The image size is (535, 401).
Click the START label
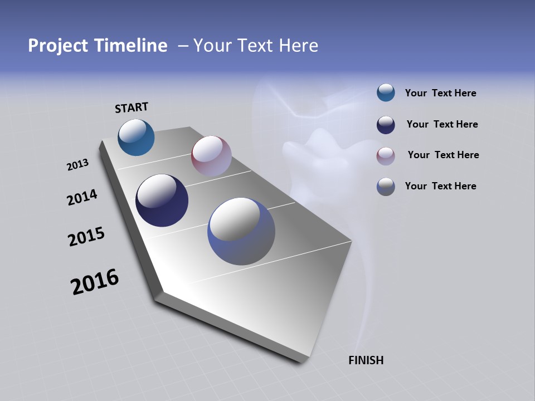pyautogui.click(x=132, y=107)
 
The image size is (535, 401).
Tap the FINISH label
pyautogui.click(x=366, y=360)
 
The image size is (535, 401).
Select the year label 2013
pyautogui.click(x=77, y=165)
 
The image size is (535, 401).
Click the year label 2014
pyautogui.click(x=82, y=197)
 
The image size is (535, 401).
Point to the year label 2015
pyautogui.click(x=86, y=237)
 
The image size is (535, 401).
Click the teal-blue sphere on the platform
pyautogui.click(x=136, y=137)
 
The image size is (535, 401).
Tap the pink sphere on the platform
pyautogui.click(x=211, y=156)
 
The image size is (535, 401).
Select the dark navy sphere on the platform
pyautogui.click(x=162, y=200)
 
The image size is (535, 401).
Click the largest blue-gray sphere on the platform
pyautogui.click(x=241, y=231)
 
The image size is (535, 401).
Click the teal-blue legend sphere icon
pyautogui.click(x=386, y=93)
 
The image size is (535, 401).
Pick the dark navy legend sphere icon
pyautogui.click(x=386, y=125)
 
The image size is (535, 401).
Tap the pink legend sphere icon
pyautogui.click(x=386, y=155)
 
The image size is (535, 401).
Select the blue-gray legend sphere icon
pyautogui.click(x=386, y=187)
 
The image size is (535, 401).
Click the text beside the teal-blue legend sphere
pyautogui.click(x=440, y=93)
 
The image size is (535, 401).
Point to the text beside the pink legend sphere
pyautogui.click(x=443, y=155)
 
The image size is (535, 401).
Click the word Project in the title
pyautogui.click(x=57, y=46)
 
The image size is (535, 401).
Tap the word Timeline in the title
pyautogui.click(x=132, y=46)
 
